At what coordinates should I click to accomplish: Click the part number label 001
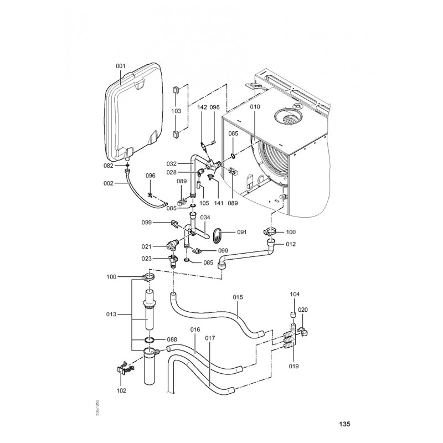tap(121, 66)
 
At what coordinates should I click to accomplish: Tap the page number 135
tap(344, 425)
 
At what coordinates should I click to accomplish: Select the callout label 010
tap(254, 106)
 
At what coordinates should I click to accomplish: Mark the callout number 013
tap(111, 315)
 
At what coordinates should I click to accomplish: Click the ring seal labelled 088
tap(148, 339)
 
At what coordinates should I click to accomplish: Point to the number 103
tap(176, 111)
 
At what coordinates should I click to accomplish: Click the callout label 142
tap(202, 107)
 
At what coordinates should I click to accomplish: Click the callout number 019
tap(293, 366)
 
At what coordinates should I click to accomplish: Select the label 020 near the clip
tap(303, 310)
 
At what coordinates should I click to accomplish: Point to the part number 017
tap(210, 338)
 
